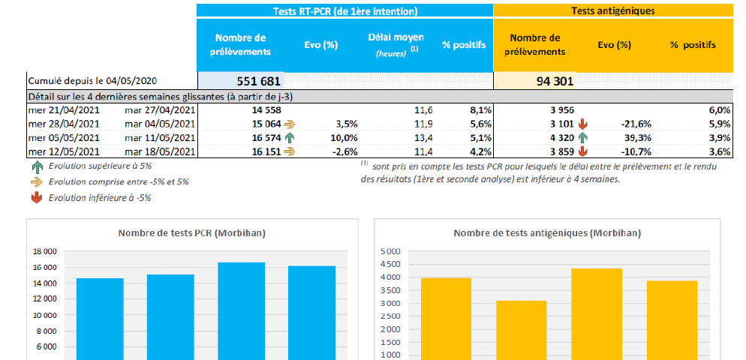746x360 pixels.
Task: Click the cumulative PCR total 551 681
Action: pos(258,82)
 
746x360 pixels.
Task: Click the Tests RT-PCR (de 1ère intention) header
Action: pos(344,11)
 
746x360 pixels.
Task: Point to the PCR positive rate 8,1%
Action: pos(477,109)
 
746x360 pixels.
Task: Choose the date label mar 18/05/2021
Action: pos(160,151)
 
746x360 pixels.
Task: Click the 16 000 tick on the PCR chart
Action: pos(44,267)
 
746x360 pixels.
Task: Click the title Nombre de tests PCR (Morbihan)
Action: pos(191,233)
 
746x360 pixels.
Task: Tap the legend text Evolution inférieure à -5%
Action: pos(101,197)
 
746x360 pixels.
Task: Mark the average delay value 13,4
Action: pos(423,138)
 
